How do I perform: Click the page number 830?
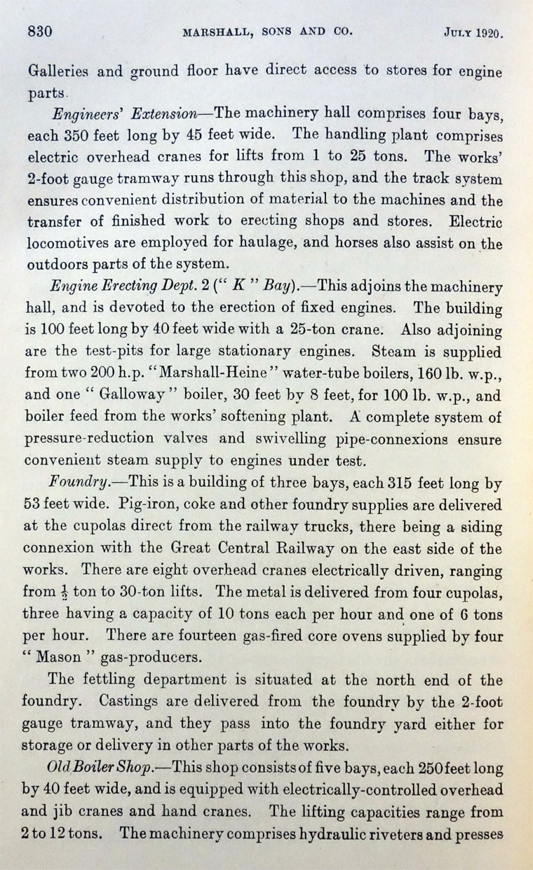[41, 32]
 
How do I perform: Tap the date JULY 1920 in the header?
[475, 32]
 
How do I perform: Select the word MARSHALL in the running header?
[217, 32]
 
